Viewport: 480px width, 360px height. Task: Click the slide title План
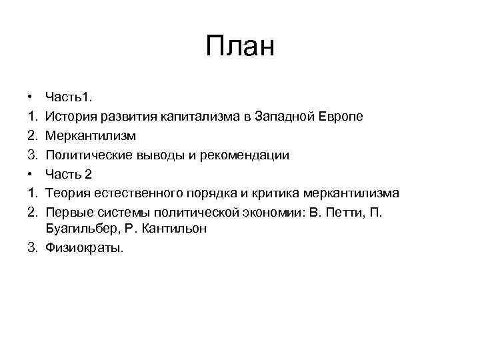[240, 47]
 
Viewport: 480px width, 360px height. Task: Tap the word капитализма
[200, 117]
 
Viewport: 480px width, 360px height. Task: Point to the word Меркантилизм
[91, 136]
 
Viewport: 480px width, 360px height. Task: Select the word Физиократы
[84, 248]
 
